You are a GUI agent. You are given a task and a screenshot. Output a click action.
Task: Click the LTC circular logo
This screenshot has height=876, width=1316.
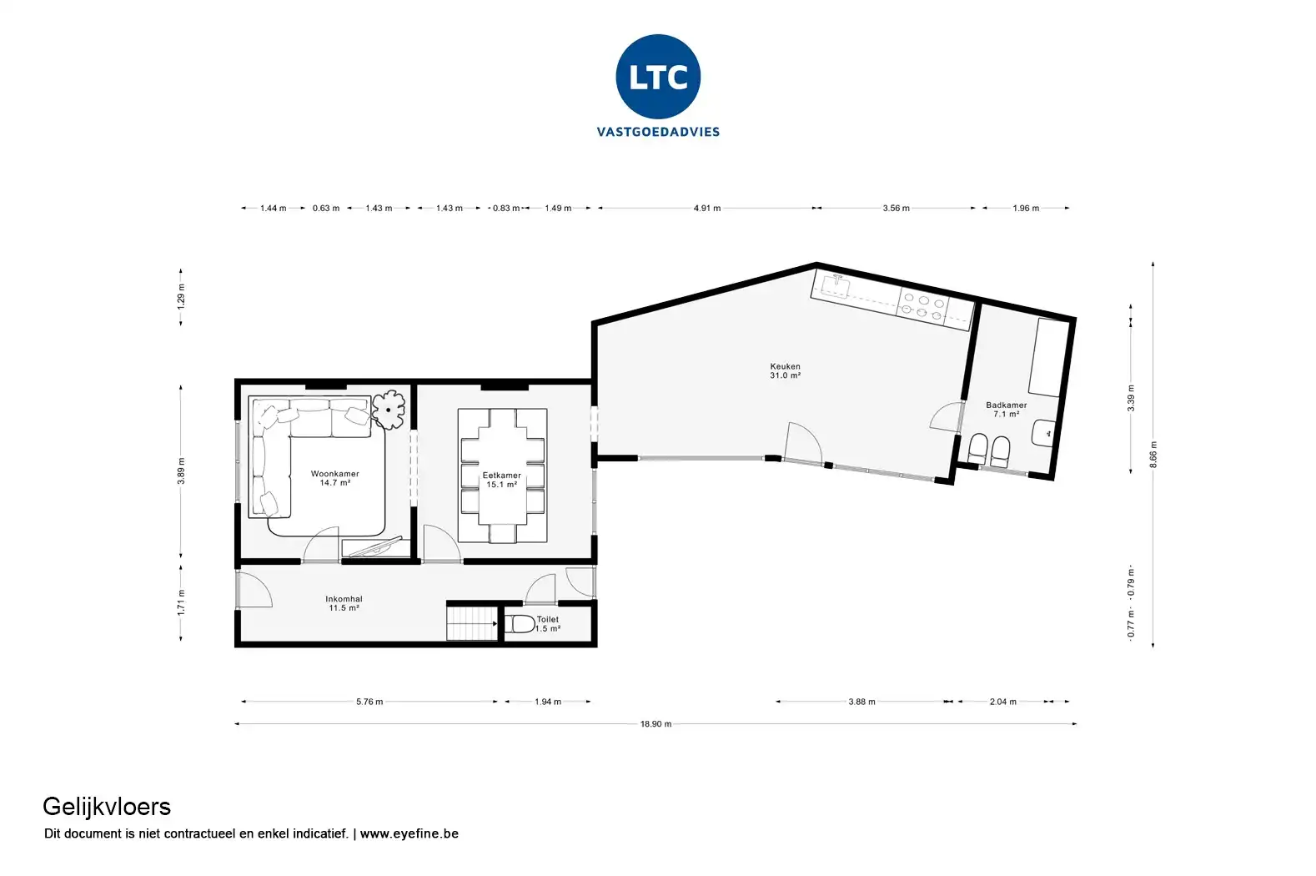(x=658, y=77)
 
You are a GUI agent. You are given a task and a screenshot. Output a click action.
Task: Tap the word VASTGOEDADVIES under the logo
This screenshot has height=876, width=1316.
(x=658, y=131)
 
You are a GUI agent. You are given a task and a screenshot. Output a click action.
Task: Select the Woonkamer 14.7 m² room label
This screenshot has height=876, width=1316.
(x=334, y=478)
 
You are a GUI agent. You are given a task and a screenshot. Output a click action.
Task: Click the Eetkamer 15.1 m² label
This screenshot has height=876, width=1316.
(x=501, y=480)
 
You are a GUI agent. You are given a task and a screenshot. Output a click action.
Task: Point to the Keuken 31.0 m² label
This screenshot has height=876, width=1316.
(x=785, y=370)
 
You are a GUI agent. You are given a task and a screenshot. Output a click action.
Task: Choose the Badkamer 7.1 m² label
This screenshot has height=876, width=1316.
(x=1006, y=409)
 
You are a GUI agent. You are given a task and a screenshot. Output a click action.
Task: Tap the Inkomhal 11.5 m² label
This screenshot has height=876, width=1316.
(x=344, y=603)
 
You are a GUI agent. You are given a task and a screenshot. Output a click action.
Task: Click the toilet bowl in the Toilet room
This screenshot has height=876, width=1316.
(x=521, y=624)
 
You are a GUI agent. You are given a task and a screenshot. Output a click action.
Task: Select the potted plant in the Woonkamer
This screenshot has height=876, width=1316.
(x=389, y=410)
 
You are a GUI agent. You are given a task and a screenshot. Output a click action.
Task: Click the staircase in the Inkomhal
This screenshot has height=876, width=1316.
(x=472, y=623)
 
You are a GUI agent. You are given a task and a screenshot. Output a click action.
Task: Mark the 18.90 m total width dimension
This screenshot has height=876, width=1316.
(x=655, y=724)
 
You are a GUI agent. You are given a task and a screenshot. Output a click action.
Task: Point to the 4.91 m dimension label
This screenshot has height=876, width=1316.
(x=706, y=208)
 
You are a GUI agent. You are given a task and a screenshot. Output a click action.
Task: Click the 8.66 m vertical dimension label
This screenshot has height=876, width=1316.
(x=1153, y=455)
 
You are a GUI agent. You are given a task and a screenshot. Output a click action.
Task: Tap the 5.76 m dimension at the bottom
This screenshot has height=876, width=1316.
(x=369, y=702)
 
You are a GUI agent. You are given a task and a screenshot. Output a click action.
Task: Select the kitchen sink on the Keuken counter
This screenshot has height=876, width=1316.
(x=834, y=286)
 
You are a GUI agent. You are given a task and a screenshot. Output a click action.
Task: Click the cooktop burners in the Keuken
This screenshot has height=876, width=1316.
(x=923, y=306)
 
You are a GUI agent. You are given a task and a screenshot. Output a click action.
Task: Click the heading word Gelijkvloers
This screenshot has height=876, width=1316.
(x=107, y=806)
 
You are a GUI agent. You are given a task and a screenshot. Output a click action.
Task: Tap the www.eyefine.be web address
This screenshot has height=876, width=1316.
(x=409, y=833)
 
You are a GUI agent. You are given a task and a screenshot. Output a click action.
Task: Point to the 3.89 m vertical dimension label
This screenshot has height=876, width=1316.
(x=181, y=471)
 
